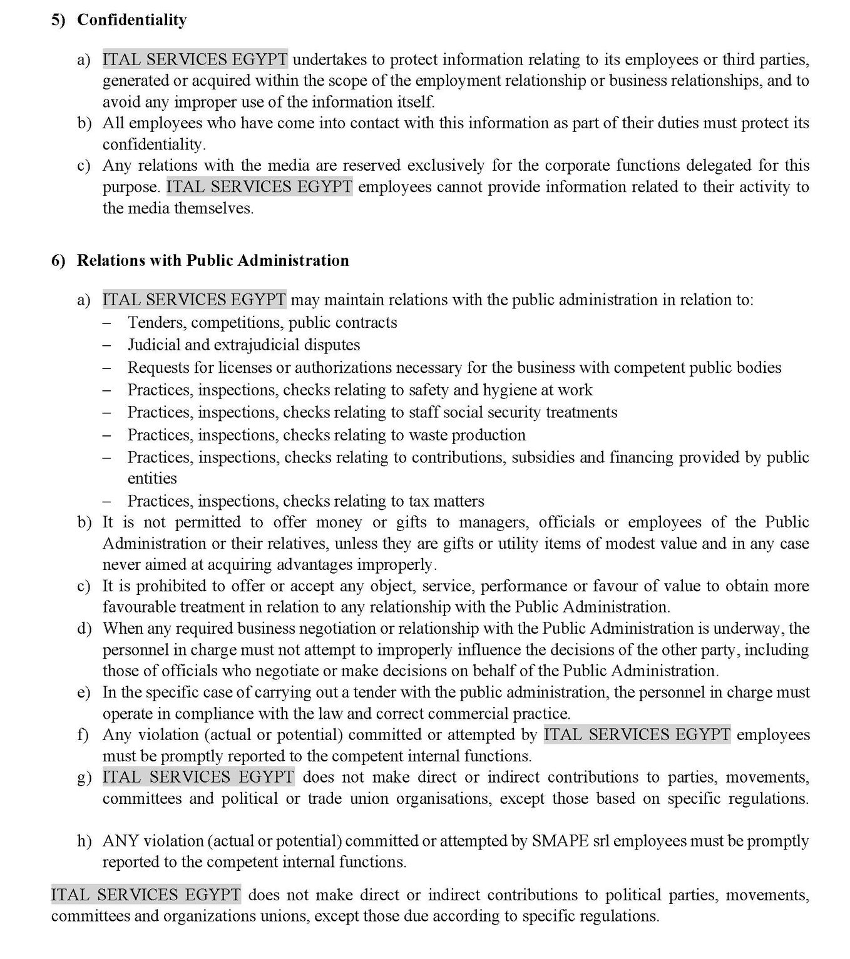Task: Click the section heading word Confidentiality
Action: (131, 20)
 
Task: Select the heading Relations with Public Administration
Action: (213, 260)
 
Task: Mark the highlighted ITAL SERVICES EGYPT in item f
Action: (637, 734)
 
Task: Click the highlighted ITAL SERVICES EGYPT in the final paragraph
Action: (146, 895)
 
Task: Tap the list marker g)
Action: (84, 778)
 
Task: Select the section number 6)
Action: (58, 260)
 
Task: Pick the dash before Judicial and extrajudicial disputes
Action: (107, 345)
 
